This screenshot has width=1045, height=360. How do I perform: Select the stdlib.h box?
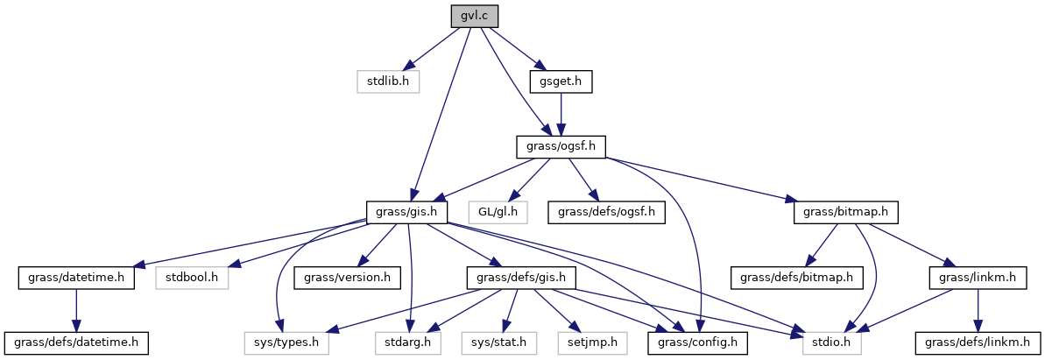click(388, 81)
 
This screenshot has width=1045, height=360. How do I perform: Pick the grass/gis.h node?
click(407, 212)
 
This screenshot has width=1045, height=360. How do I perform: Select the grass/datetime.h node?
click(75, 278)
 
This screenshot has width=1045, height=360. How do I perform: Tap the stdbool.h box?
click(191, 278)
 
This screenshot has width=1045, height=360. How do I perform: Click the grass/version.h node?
click(347, 278)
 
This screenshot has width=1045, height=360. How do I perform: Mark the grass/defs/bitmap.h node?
click(797, 278)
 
